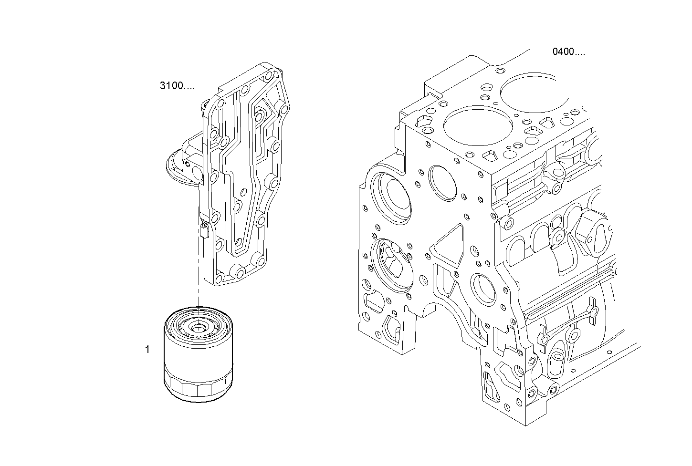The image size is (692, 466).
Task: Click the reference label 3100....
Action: pos(177,86)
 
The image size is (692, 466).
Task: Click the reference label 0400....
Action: pos(568,52)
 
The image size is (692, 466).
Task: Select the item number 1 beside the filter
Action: pos(147,350)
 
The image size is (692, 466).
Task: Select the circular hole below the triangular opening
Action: pos(483,289)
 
